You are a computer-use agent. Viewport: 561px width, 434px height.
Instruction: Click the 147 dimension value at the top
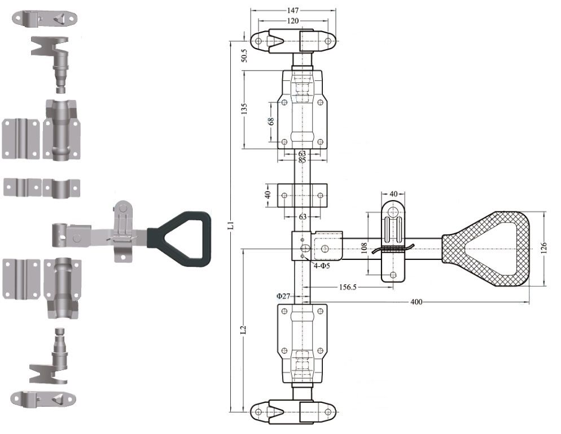(x=293, y=10)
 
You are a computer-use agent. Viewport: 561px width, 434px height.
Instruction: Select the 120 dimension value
(x=293, y=21)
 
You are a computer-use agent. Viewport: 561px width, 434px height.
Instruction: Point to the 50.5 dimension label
(x=244, y=55)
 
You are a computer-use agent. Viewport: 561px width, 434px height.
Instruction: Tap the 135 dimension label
(x=244, y=108)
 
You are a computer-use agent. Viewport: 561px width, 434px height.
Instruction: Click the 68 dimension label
(x=271, y=121)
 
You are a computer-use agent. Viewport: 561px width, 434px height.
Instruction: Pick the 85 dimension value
(x=303, y=160)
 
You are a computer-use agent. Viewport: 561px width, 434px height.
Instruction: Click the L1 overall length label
(x=231, y=225)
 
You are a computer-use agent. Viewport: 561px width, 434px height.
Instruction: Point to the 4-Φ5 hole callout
(x=322, y=266)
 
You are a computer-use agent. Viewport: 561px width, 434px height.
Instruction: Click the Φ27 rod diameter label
(x=283, y=296)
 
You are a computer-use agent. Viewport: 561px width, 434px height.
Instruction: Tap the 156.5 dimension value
(x=347, y=287)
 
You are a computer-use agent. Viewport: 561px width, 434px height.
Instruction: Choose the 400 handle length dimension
(x=416, y=302)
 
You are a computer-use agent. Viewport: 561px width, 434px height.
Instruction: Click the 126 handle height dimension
(x=544, y=249)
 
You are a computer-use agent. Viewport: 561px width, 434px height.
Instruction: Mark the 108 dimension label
(x=364, y=248)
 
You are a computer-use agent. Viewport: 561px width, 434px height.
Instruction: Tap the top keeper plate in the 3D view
(x=45, y=18)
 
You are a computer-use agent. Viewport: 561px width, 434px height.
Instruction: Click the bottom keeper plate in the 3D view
(x=43, y=399)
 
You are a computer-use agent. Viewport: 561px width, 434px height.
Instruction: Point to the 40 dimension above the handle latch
(x=393, y=193)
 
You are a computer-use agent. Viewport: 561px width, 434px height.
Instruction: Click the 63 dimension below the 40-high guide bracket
(x=303, y=216)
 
